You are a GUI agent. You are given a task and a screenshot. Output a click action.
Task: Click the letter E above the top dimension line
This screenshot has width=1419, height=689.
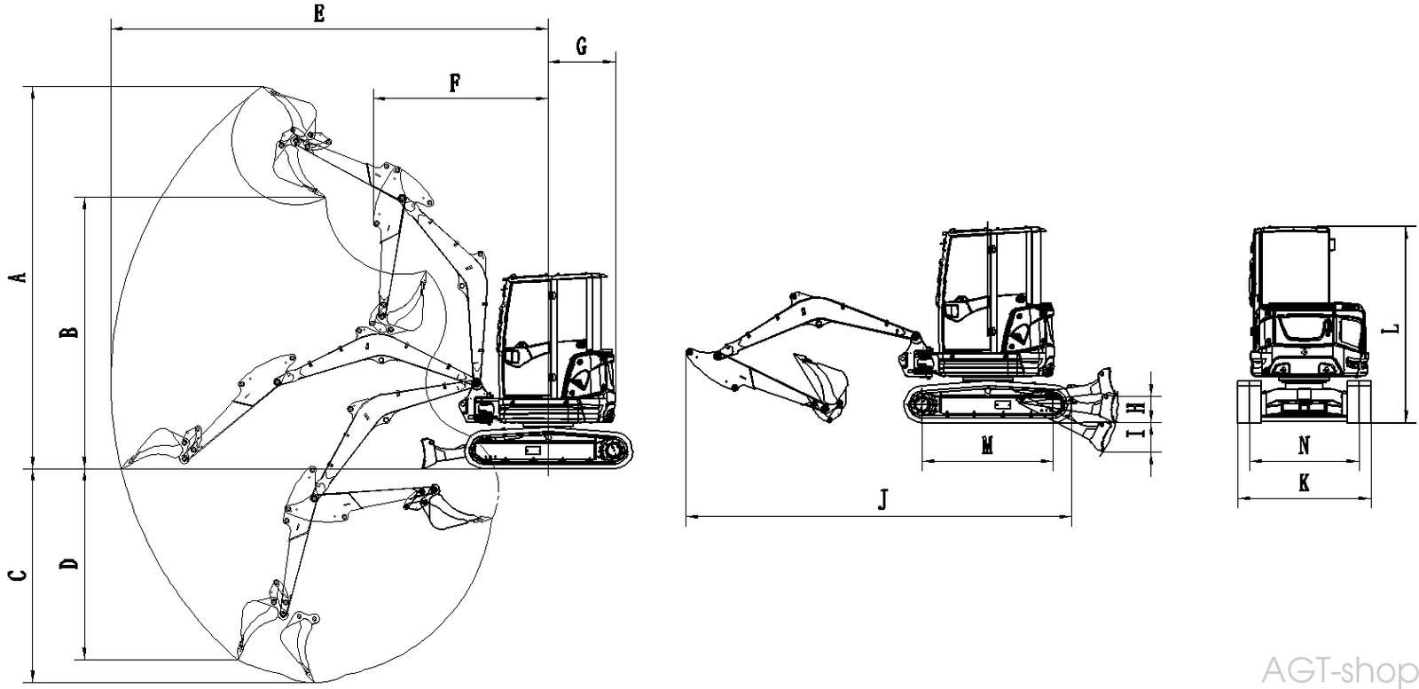tap(319, 13)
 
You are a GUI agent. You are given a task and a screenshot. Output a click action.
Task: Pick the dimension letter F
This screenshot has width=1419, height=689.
tap(454, 83)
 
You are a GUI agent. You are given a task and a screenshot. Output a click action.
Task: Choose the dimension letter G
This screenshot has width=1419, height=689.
tap(582, 46)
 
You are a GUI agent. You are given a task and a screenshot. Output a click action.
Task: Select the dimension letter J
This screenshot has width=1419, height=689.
tap(882, 501)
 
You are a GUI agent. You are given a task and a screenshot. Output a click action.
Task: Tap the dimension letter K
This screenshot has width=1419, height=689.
tap(1303, 483)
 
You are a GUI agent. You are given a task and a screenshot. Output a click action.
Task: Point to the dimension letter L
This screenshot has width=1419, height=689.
tap(1392, 328)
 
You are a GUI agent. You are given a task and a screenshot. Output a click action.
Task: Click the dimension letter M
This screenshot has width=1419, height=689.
tap(987, 446)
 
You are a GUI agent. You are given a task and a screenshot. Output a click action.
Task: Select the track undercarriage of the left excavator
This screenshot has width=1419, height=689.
tap(552, 450)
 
